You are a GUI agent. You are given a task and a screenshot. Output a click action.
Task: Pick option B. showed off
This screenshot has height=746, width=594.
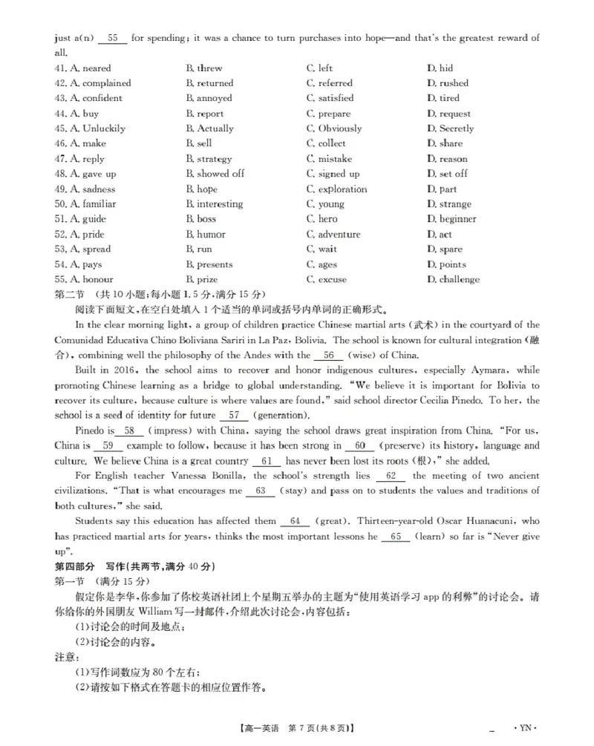[215, 174]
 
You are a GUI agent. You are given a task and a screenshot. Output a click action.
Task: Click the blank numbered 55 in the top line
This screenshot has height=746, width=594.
[113, 38]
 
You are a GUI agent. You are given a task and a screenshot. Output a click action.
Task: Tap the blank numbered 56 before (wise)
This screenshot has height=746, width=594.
[329, 356]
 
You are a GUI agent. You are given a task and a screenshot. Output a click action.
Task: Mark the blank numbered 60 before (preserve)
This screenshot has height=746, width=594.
[360, 446]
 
